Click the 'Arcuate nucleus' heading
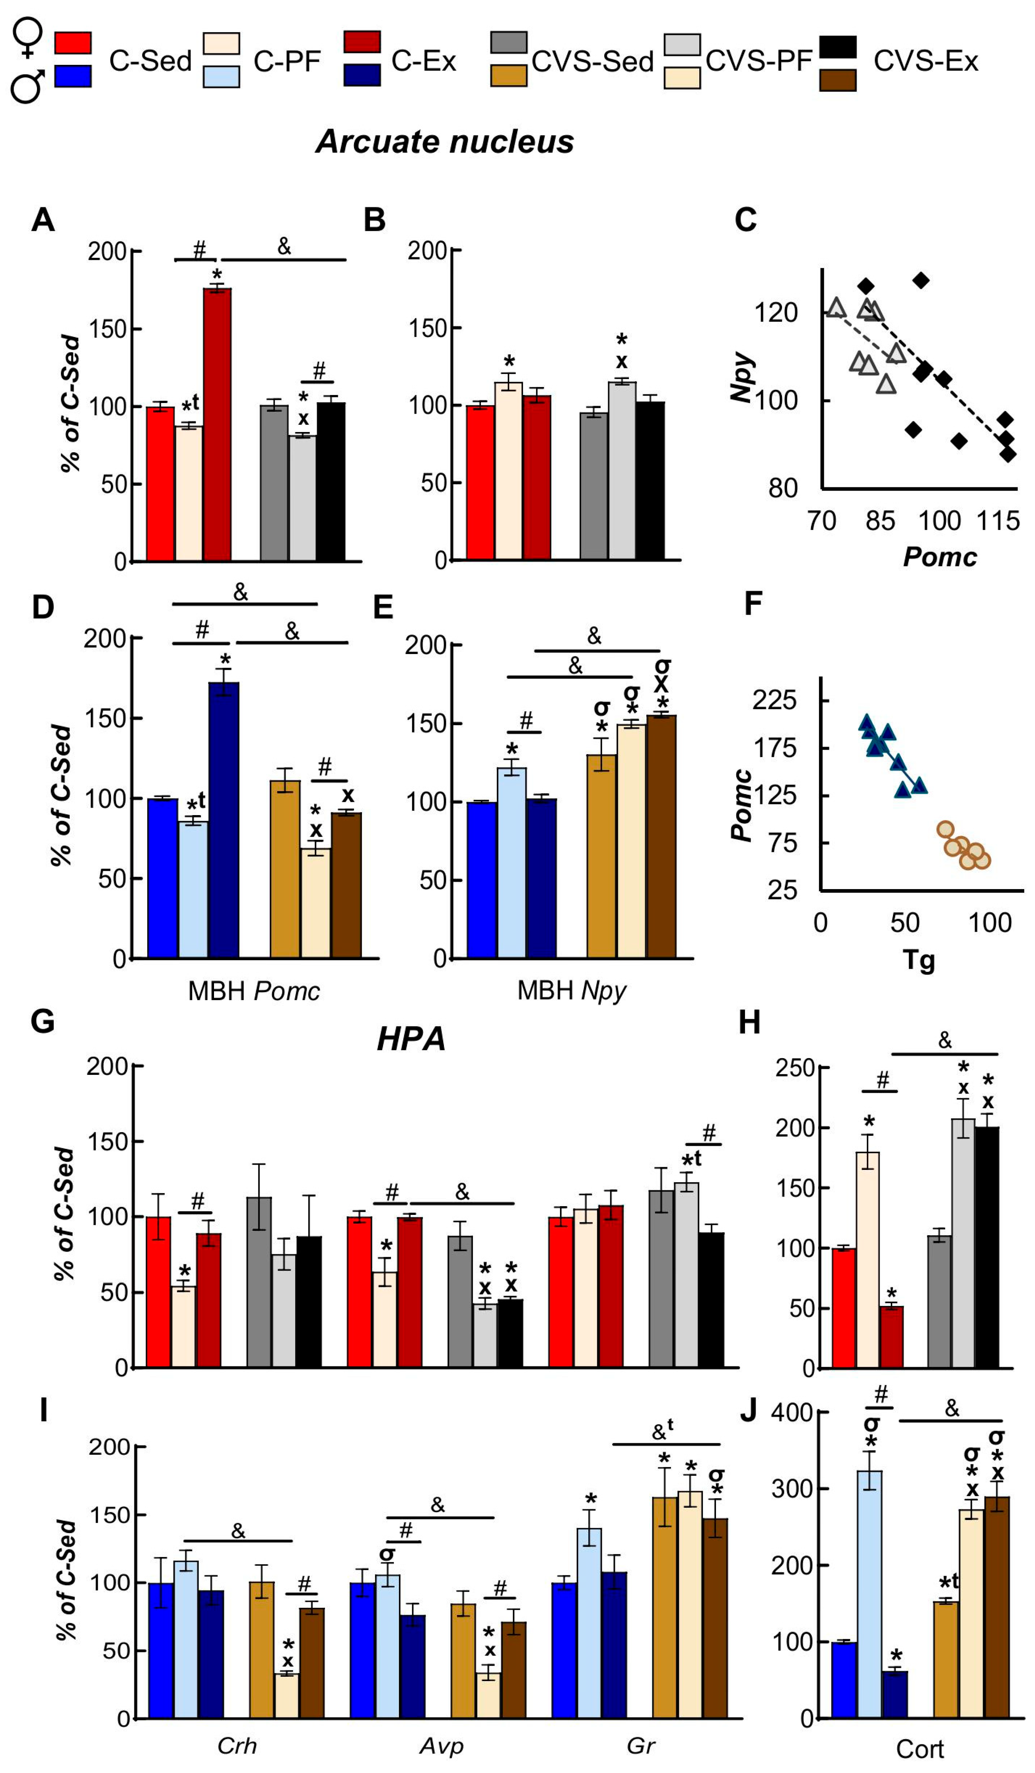click(445, 141)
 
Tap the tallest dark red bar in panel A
click(218, 424)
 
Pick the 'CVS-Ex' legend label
click(925, 62)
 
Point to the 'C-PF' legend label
click(287, 62)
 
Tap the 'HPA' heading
click(411, 1039)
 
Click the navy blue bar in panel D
click(224, 819)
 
